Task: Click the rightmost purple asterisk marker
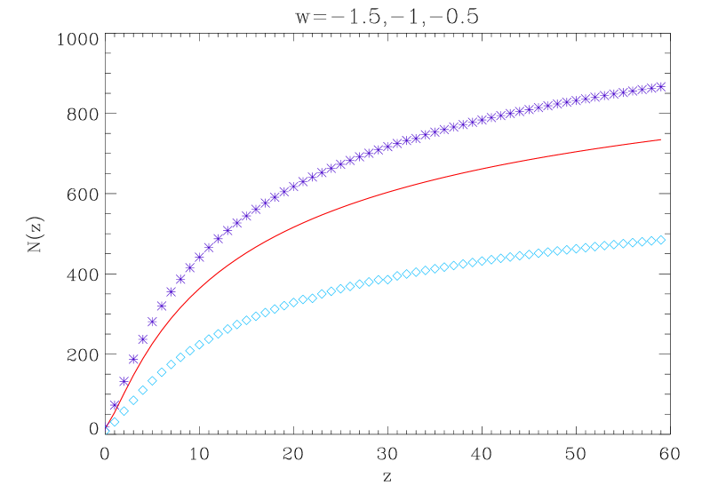pyautogui.click(x=660, y=86)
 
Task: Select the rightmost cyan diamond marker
pyautogui.click(x=660, y=240)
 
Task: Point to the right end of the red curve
pyautogui.click(x=660, y=139)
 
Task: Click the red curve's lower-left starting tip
pyautogui.click(x=107, y=427)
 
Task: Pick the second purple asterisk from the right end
pyautogui.click(x=650, y=88)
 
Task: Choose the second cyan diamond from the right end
pyautogui.click(x=650, y=241)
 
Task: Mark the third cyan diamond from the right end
pyautogui.click(x=642, y=242)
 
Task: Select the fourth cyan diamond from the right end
pyautogui.click(x=632, y=243)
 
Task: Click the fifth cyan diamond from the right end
pyautogui.click(x=622, y=243)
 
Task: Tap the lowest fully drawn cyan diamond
pyautogui.click(x=115, y=422)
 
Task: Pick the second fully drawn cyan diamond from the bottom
pyautogui.click(x=124, y=411)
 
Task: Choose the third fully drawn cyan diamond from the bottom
pyautogui.click(x=133, y=401)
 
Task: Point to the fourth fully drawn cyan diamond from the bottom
pyautogui.click(x=142, y=390)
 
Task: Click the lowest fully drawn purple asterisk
pyautogui.click(x=115, y=405)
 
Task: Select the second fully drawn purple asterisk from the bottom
pyautogui.click(x=124, y=382)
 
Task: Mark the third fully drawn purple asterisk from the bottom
pyautogui.click(x=133, y=360)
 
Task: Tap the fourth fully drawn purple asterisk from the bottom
pyautogui.click(x=142, y=339)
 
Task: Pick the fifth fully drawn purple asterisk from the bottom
pyautogui.click(x=152, y=322)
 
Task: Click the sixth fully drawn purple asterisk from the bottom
pyautogui.click(x=162, y=306)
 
